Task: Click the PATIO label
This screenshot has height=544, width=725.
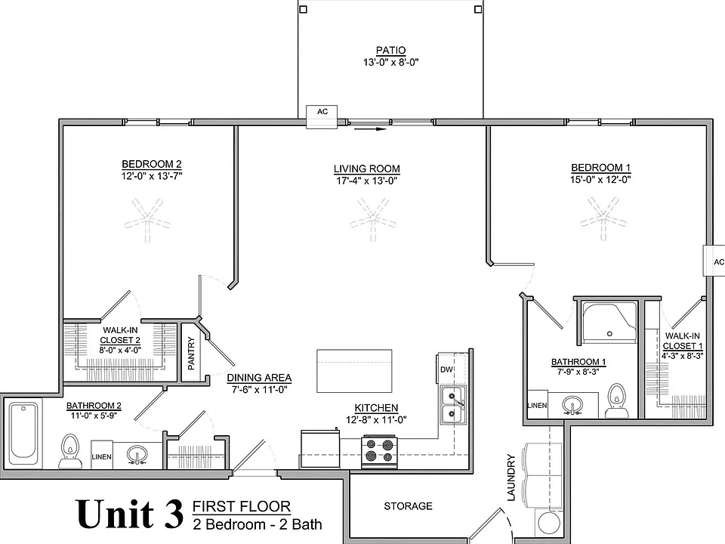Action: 390,50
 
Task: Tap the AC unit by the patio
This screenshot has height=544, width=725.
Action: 322,116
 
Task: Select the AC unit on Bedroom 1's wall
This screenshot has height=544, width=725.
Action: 714,261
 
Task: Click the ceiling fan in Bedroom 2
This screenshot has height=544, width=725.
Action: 147,220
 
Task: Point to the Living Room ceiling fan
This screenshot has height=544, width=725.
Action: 373,219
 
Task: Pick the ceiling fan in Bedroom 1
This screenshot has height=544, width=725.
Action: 603,218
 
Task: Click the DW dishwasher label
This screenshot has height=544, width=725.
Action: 446,369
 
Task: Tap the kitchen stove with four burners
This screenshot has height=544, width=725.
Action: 379,451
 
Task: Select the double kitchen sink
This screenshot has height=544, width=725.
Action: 452,404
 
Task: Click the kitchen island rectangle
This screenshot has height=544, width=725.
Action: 354,371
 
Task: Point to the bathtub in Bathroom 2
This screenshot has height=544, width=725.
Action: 23,431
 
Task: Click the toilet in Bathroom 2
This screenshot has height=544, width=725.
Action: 70,451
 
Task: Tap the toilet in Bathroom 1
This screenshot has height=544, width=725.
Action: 616,400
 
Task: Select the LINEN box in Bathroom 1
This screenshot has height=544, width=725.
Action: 537,405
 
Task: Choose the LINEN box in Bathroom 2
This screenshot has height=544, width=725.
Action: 102,455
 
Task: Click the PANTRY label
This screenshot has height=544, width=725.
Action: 191,354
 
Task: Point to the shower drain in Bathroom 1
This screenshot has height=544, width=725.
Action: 609,333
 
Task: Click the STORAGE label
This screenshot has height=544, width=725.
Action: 408,506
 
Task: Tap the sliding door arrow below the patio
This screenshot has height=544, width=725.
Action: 370,129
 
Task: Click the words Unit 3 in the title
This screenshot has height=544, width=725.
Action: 130,514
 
